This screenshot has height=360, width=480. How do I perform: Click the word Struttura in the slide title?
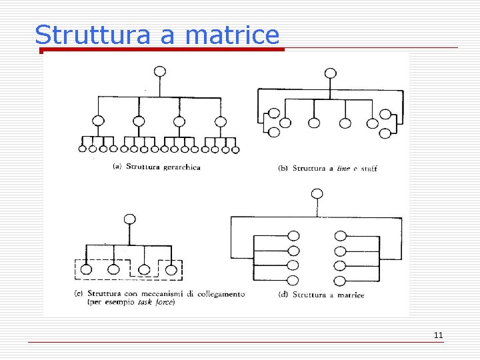pyautogui.click(x=93, y=35)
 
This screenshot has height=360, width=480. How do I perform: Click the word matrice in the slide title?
pyautogui.click(x=232, y=35)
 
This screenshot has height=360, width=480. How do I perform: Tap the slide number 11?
pyautogui.click(x=438, y=335)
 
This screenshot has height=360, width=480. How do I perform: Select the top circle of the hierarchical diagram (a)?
pyautogui.click(x=159, y=71)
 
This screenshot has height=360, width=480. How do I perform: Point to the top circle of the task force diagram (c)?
pyautogui.click(x=130, y=219)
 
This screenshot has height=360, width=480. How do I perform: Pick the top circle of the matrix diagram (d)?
pyautogui.click(x=317, y=193)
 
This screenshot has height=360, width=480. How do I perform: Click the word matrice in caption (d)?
pyautogui.click(x=347, y=295)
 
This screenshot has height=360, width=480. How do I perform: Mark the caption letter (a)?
pyautogui.click(x=117, y=167)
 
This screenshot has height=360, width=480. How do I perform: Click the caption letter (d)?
pyautogui.click(x=283, y=295)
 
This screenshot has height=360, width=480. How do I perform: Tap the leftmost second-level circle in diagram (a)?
pyautogui.click(x=99, y=121)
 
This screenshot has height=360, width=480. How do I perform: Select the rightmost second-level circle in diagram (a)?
pyautogui.click(x=220, y=121)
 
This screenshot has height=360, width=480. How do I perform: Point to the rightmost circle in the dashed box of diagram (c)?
pyautogui.click(x=171, y=269)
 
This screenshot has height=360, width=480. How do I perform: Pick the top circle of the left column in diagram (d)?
pyautogui.click(x=293, y=235)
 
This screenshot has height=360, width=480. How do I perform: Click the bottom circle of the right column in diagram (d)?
pyautogui.click(x=340, y=280)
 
